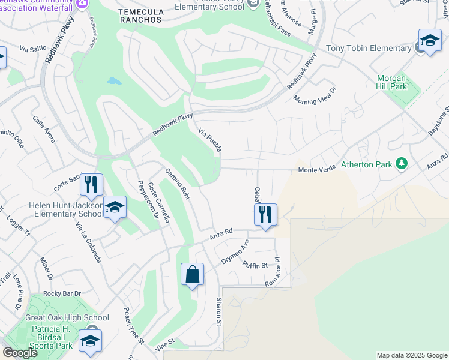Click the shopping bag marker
tap(192, 275)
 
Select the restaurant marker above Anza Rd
tap(265, 214)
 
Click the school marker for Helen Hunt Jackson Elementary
tap(115, 208)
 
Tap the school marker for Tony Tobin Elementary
tap(429, 41)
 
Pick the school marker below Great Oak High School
tap(90, 341)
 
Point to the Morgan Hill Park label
tap(392, 83)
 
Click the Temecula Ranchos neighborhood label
tap(140, 16)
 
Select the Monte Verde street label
tap(317, 170)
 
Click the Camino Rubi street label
tap(178, 184)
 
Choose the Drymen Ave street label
tap(235, 253)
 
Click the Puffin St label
tap(254, 265)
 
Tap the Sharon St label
tap(219, 311)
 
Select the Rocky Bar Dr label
tap(62, 293)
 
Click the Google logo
tap(20, 353)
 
